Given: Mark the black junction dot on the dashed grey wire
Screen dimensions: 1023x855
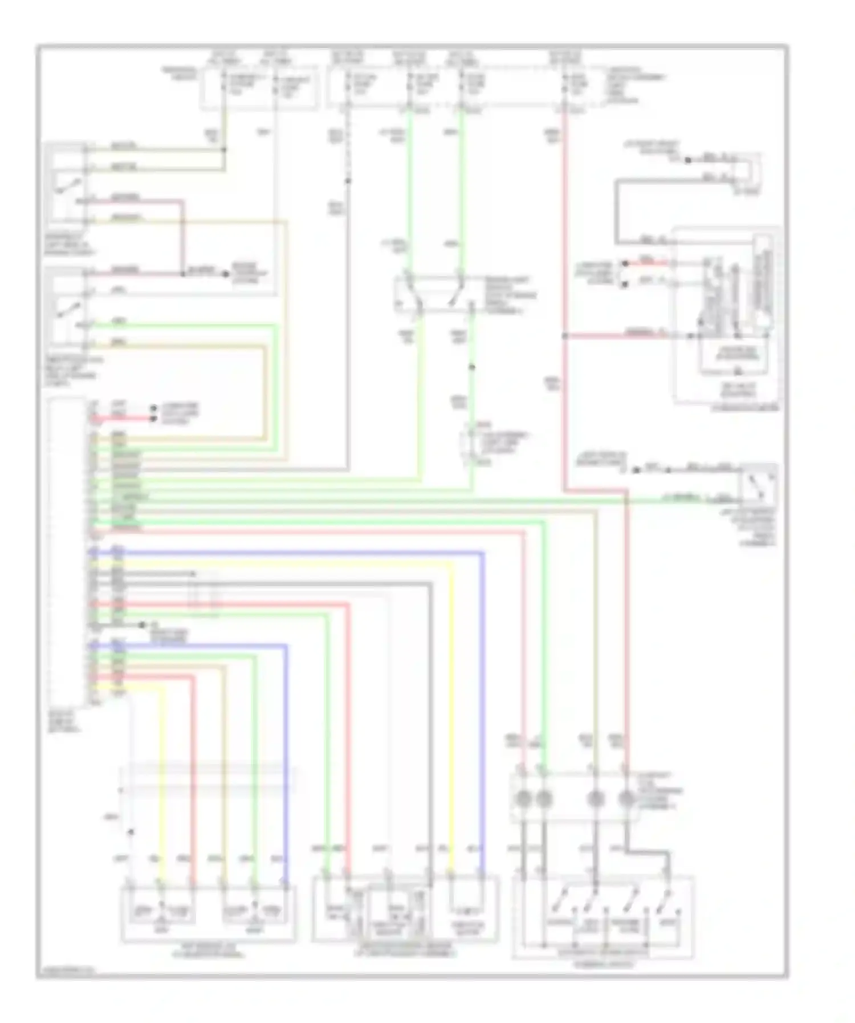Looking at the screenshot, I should coord(348,181).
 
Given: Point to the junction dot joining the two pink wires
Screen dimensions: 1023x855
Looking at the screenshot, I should coord(183,274).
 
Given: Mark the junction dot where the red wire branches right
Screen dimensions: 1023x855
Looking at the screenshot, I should coord(564,336).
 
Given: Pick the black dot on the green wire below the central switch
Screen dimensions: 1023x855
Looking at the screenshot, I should coord(472,368).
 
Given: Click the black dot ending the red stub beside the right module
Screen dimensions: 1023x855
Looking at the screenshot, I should coord(625,263).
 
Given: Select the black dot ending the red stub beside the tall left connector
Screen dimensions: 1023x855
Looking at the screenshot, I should coord(153,419).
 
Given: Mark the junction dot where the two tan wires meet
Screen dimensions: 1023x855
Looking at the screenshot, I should coord(224,150).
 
